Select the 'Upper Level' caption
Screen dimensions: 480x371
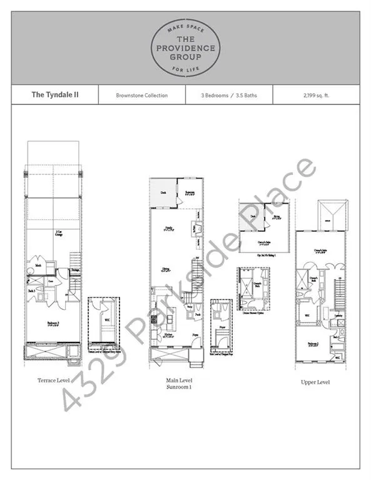pos(315,382)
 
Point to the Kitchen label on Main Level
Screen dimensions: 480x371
pos(168,336)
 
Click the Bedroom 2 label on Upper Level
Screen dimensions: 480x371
pos(313,344)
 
